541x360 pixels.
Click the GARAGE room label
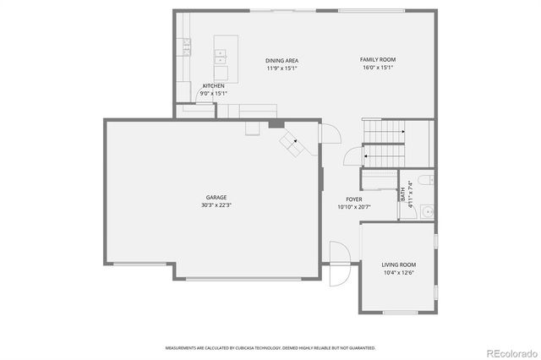pos(215,197)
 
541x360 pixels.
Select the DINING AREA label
pos(281,60)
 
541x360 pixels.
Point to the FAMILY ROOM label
pos(378,59)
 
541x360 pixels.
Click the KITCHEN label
pos(213,85)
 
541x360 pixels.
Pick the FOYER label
pos(353,199)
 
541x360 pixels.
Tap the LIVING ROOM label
pos(398,265)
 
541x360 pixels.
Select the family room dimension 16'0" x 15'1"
pos(378,68)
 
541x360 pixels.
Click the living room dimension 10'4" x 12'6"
pos(398,273)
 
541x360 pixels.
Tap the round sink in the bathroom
pos(427,211)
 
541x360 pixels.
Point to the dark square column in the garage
pos(275,124)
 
